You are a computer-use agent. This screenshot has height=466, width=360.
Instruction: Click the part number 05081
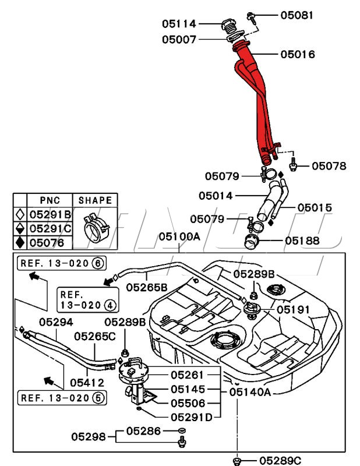297,15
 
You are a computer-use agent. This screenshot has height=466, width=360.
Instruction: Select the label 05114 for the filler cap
179,24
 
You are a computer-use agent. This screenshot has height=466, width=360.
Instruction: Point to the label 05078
329,166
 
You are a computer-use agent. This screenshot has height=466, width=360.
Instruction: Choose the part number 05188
301,240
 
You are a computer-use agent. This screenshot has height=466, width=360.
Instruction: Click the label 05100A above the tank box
179,237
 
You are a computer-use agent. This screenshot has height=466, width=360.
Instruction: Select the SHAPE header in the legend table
95,200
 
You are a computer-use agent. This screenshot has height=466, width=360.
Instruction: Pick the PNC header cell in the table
50,200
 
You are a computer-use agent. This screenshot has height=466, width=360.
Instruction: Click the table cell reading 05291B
50,214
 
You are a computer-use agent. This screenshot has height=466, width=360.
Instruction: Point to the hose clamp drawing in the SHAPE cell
94,228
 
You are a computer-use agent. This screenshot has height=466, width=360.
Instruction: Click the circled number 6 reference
98,263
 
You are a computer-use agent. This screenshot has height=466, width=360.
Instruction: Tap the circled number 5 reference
98,398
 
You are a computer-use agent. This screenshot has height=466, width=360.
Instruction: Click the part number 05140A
250,392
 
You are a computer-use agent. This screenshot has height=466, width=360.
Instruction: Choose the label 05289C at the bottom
280,461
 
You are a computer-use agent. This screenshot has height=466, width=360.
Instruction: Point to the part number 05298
89,436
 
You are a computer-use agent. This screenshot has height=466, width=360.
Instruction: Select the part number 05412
86,383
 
